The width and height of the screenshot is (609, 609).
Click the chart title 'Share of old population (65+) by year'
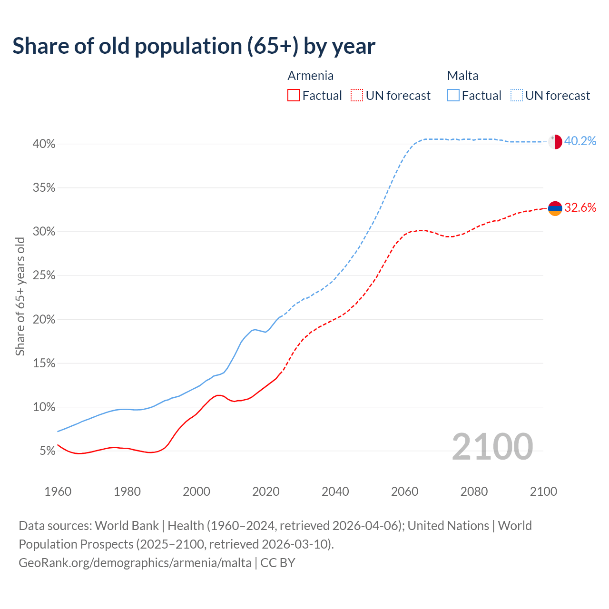pos(194,46)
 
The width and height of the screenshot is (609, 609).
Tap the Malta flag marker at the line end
pos(555,142)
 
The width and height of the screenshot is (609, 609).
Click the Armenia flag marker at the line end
pos(555,208)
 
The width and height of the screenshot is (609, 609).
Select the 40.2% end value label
pos(580,141)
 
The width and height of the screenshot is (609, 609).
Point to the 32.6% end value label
pos(580,208)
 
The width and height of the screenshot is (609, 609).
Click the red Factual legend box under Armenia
pos(294,96)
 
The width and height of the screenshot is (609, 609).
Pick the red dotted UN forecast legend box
pos(357,96)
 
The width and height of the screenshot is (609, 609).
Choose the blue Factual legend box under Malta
pos(453,96)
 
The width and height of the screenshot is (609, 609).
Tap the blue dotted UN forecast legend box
pos(517,96)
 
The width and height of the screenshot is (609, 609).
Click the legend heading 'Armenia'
pos(310,76)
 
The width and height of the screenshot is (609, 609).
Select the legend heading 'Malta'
pos(462,76)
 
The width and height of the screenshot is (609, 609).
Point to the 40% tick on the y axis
pos(44,144)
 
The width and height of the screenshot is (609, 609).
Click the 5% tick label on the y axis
pos(47,451)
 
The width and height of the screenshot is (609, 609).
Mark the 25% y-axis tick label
pos(44,275)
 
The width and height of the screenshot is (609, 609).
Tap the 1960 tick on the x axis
pos(58,491)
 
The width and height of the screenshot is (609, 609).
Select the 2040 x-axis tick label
pos(335,491)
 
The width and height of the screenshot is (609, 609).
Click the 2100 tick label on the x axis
pos(543,491)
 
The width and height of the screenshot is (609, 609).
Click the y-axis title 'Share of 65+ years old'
pos(20,296)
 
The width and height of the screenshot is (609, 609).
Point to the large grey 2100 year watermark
pos(492,447)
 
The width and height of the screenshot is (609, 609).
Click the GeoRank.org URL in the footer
pos(135,563)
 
